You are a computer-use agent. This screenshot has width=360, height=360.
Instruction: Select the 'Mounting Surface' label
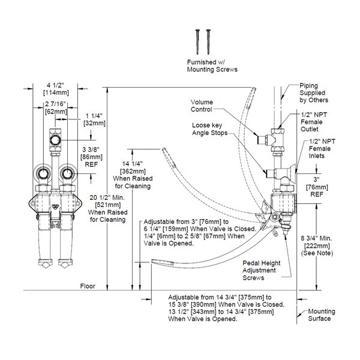pos(319,315)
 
